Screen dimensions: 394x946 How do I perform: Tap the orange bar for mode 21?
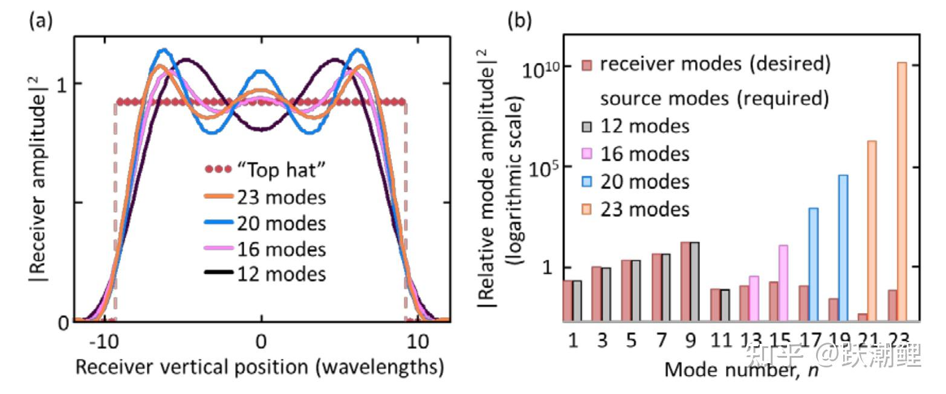point(872,230)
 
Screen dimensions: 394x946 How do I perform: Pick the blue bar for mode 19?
point(843,247)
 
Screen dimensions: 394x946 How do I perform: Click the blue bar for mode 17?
point(814,263)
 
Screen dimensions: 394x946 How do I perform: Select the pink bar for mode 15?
point(783,282)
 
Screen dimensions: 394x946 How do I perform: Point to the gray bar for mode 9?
point(695,281)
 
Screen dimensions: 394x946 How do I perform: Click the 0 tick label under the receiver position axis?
point(261,342)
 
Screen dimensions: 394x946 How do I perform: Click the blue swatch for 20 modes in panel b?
point(587,182)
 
